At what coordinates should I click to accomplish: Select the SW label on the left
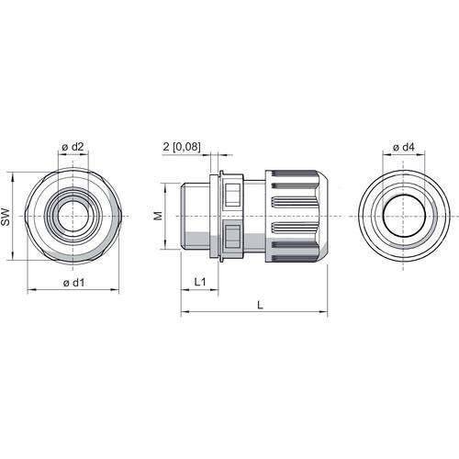[6, 216]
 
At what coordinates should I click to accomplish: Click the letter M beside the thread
[157, 216]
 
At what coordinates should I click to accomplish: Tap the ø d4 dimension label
[402, 149]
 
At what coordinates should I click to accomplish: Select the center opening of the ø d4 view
[402, 216]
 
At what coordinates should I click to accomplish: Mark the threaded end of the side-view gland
[195, 216]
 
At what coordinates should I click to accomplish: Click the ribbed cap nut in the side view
[294, 216]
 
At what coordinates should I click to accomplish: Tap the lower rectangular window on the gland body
[230, 237]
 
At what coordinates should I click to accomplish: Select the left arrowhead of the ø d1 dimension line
[30, 290]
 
